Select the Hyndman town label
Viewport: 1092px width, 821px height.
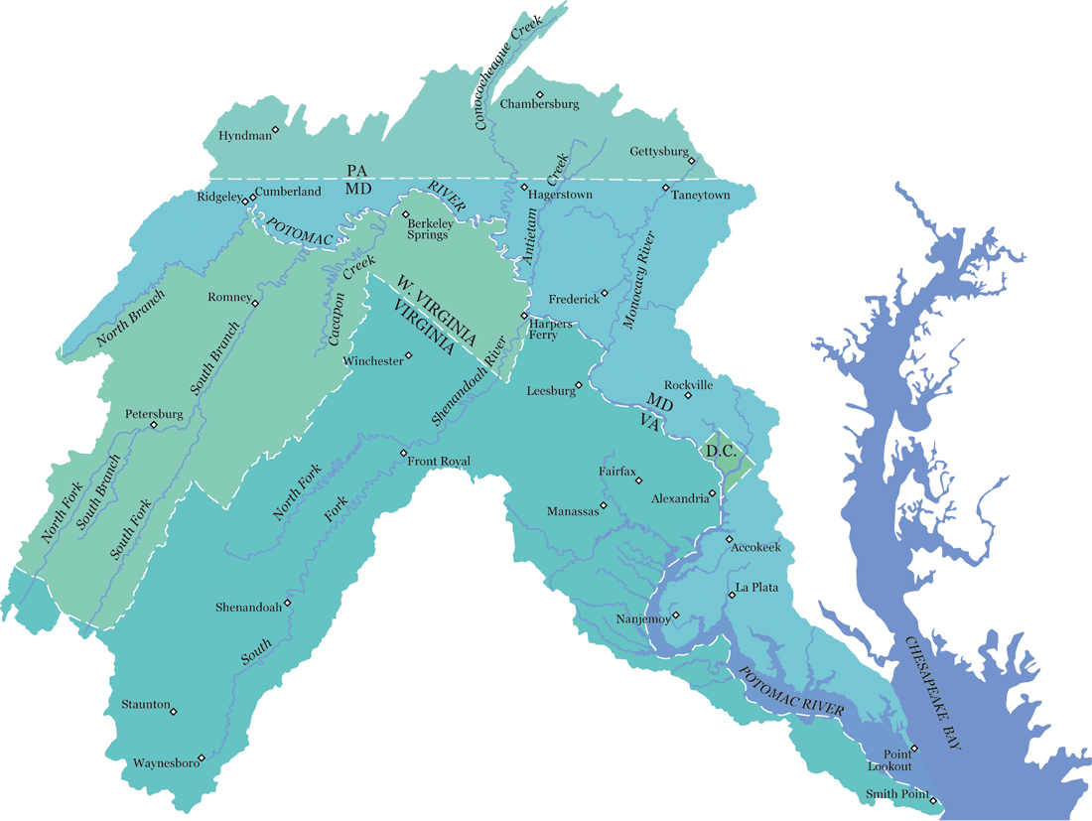242,135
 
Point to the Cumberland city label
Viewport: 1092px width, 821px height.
288,192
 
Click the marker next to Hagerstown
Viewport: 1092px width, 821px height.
524,186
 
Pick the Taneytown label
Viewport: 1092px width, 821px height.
700,196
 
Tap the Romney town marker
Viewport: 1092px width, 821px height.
255,304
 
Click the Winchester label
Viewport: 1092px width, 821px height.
372,361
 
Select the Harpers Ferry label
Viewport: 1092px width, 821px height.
551,330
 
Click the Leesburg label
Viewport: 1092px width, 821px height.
551,391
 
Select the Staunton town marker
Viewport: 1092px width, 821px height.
174,712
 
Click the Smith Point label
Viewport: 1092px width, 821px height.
896,794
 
